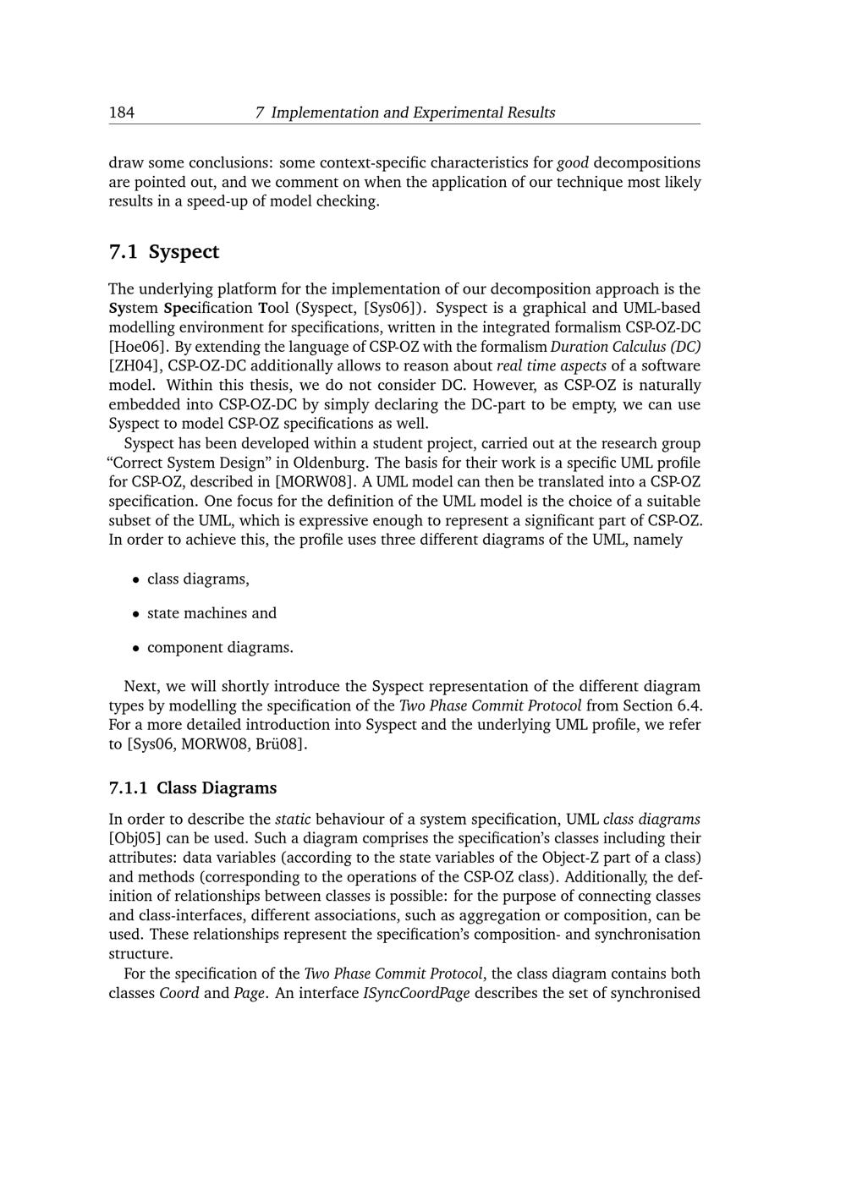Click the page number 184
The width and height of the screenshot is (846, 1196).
tap(122, 112)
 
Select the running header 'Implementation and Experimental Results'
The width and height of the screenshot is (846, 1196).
tap(413, 112)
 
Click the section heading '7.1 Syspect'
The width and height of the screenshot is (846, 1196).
tap(164, 252)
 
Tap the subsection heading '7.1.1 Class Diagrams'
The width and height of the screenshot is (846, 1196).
tap(193, 788)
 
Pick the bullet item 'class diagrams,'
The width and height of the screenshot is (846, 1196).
tap(198, 579)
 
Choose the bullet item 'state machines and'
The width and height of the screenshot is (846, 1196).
tap(211, 613)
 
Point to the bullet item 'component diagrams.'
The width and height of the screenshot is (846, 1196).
tap(220, 648)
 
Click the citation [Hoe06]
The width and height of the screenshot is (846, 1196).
tap(139, 347)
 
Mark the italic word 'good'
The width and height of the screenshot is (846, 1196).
tap(573, 162)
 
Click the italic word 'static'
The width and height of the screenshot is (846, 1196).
tap(293, 820)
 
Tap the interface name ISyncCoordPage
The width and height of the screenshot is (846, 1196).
tap(416, 994)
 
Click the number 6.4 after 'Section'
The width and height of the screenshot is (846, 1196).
tap(691, 706)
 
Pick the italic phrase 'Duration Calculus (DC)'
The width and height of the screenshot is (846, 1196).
tap(625, 347)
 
